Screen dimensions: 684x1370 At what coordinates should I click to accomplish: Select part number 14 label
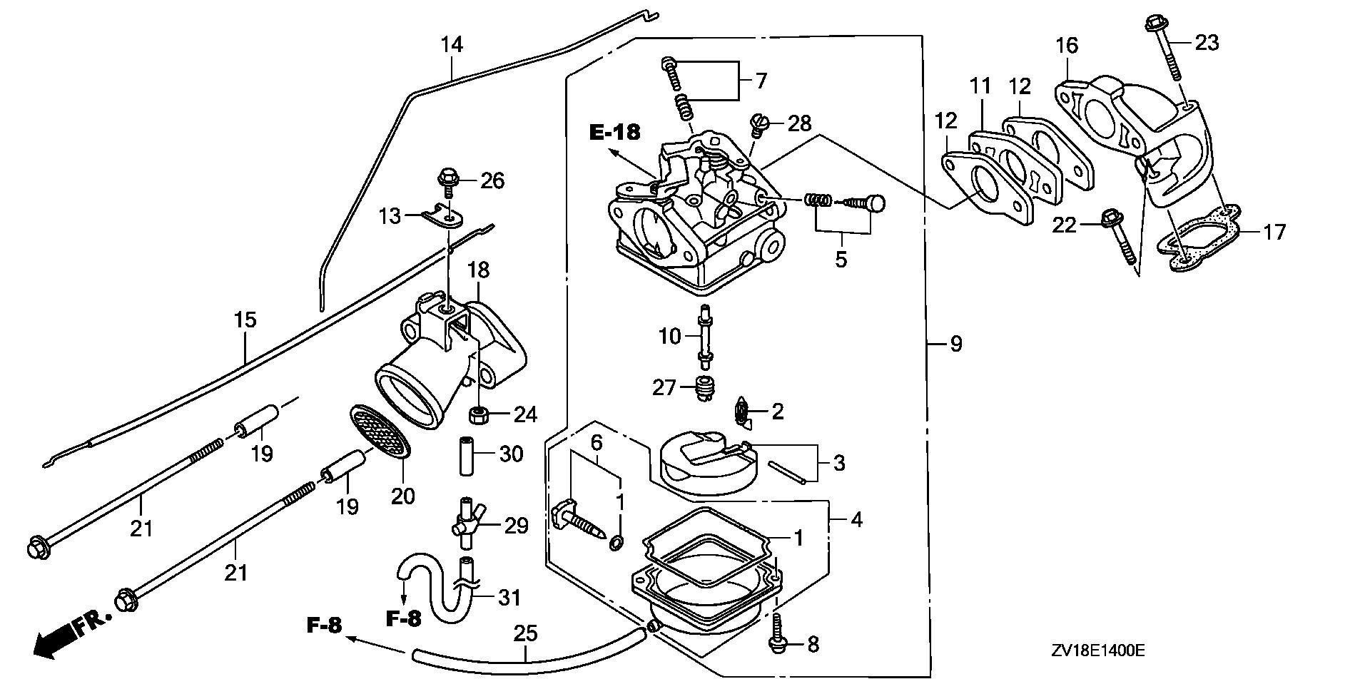pos(451,45)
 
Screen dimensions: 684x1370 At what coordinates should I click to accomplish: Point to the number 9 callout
pos(956,344)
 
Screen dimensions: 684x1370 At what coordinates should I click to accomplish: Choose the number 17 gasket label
pos(1274,232)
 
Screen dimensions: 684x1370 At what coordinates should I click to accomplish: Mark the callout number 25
pos(525,633)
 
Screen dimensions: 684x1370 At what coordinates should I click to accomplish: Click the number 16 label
pos(1067,46)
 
